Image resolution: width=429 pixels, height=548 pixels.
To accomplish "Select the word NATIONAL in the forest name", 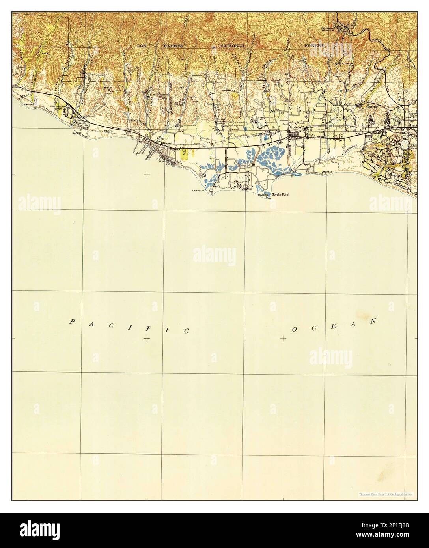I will (x=233, y=46).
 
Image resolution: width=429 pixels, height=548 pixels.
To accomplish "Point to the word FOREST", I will (x=313, y=46).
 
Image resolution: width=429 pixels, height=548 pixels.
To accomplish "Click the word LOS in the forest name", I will (x=143, y=46).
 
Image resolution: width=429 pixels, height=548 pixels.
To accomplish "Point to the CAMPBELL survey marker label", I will (x=199, y=191).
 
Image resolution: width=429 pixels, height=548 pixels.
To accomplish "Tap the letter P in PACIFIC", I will (x=72, y=322).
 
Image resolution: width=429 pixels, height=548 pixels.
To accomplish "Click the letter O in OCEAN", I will (x=294, y=329).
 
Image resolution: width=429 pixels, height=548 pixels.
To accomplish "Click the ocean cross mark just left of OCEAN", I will (x=284, y=338).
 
